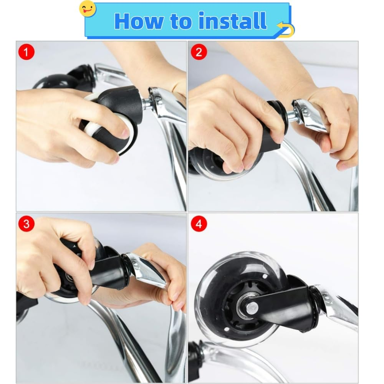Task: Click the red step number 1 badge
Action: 26,52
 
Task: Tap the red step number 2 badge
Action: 199,52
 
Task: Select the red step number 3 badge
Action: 26,224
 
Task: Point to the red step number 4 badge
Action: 199,224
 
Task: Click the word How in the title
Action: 139,21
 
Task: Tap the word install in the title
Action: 233,21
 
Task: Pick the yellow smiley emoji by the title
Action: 88,9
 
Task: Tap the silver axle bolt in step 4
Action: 252,307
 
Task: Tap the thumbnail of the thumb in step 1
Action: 125,134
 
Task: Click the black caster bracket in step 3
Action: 108,270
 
